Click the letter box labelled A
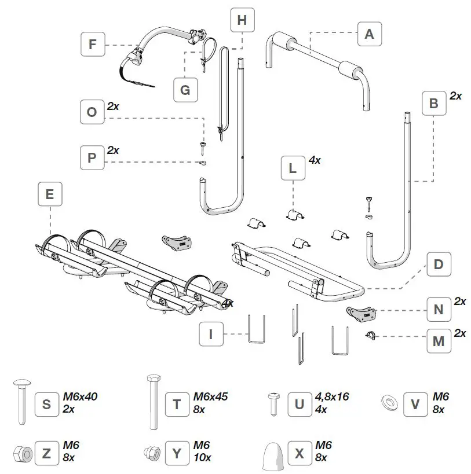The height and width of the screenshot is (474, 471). tap(368, 34)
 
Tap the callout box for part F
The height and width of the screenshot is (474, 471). tap(93, 44)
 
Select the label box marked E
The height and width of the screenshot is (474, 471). tap(50, 195)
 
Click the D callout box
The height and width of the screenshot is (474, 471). tap(438, 264)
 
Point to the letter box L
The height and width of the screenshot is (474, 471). tap(293, 168)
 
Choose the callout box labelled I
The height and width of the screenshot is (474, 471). tap(211, 334)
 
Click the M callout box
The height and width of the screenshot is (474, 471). tap(438, 341)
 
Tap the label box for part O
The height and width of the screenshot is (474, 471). tap(92, 112)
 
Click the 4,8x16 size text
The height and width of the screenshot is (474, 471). tap(332, 396)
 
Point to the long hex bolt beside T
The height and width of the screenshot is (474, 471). tap(153, 402)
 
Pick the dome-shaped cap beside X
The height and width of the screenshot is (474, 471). tap(272, 454)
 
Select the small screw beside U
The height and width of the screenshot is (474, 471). tap(272, 403)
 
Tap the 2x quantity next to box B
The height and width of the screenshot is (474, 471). tap(456, 96)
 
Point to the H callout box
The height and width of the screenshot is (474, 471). tap(242, 20)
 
